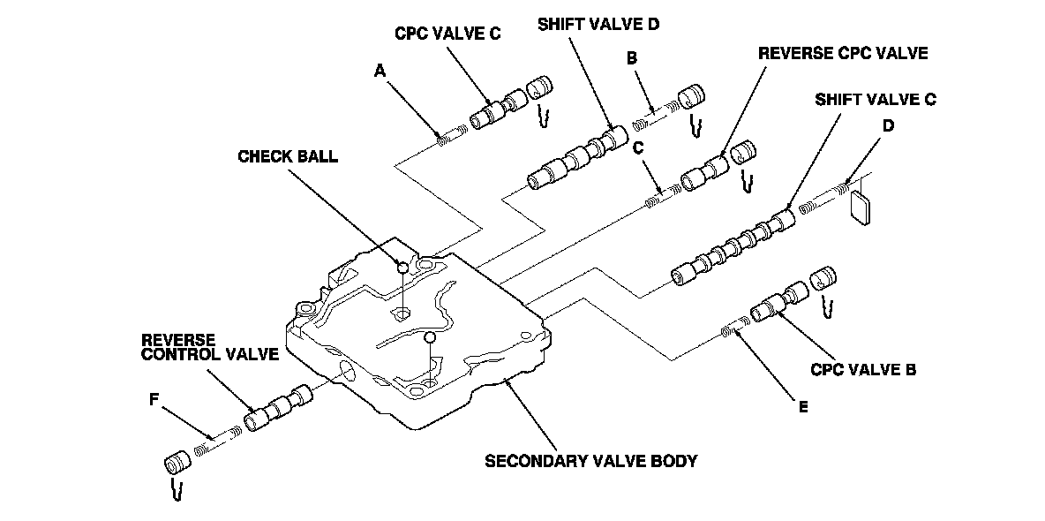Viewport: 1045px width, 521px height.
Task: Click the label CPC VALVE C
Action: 447,34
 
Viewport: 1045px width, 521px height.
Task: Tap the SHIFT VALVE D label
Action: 598,24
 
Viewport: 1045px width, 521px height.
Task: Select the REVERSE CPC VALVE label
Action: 844,54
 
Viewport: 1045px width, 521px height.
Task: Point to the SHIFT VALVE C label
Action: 875,99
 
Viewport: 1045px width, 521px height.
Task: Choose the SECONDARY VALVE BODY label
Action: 590,460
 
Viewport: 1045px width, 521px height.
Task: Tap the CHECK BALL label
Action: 288,156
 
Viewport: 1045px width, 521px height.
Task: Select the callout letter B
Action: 632,58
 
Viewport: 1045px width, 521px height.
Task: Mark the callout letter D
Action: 888,125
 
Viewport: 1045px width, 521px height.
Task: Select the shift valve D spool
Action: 577,158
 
